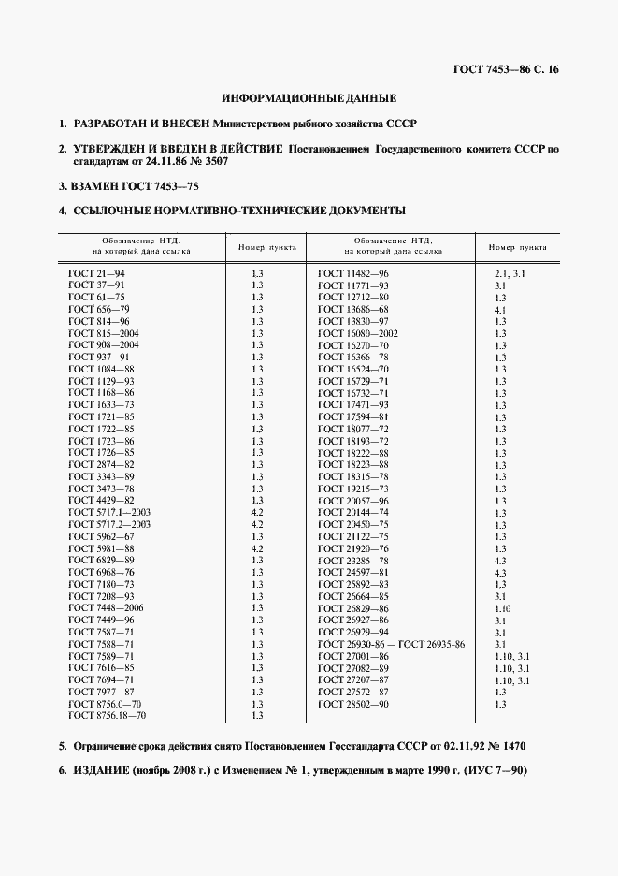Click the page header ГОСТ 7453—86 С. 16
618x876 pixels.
506,68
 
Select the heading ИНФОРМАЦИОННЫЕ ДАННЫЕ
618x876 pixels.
309,97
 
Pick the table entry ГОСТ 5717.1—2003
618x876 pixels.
109,513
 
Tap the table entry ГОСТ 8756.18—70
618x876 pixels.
107,715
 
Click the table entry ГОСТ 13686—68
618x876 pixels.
353,309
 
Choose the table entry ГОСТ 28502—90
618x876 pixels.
353,704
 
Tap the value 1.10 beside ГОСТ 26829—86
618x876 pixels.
502,608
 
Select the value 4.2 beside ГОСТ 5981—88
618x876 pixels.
258,548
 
